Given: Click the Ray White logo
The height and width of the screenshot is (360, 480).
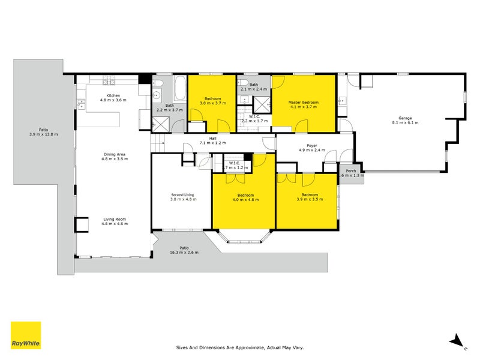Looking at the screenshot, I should pyautogui.click(x=26, y=335).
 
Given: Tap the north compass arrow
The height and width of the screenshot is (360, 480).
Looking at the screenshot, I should pyautogui.click(x=457, y=340).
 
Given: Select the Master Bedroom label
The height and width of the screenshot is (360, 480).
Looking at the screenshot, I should pyautogui.click(x=303, y=103).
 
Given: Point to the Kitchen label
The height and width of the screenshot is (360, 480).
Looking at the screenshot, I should pyautogui.click(x=113, y=96).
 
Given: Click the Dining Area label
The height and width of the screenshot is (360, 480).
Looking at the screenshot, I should pyautogui.click(x=113, y=154).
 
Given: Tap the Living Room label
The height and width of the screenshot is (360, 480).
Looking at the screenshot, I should pyautogui.click(x=113, y=220).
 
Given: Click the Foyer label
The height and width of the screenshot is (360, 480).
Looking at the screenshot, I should pyautogui.click(x=311, y=145).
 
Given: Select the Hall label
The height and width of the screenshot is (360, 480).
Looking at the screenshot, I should pyautogui.click(x=213, y=139).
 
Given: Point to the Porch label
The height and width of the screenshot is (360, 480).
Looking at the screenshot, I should pyautogui.click(x=352, y=171).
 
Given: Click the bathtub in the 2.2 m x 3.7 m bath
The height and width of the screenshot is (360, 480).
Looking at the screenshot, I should pyautogui.click(x=179, y=89).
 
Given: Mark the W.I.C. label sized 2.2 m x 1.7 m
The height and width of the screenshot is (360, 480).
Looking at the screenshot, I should pyautogui.click(x=254, y=118).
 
